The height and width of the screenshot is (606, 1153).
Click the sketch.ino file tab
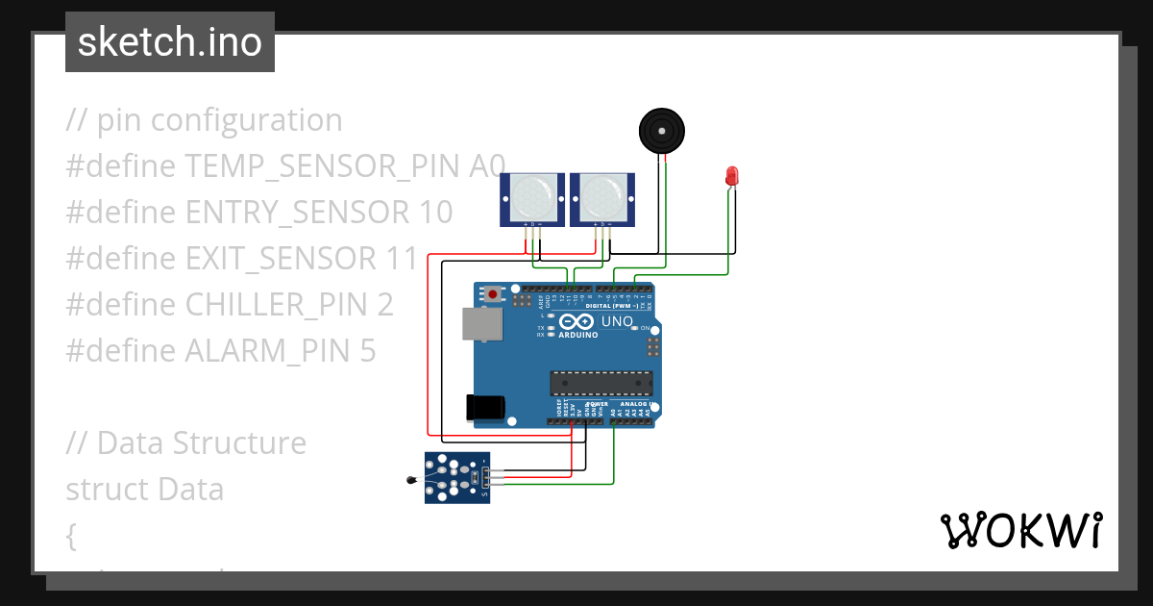point(169,42)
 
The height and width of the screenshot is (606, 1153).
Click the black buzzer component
point(663,130)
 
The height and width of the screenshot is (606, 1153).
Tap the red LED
point(731,176)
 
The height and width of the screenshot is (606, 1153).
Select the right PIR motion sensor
point(602,198)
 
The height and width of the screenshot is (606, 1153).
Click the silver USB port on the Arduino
point(482,324)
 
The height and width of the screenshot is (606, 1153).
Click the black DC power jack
point(484,407)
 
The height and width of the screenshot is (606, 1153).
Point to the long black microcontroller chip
point(601,383)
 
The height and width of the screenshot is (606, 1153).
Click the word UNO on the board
point(617,321)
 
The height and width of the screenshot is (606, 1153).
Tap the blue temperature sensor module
point(457,477)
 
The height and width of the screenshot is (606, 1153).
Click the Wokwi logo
point(1020,530)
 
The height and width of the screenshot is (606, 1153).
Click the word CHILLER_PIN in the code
point(278,305)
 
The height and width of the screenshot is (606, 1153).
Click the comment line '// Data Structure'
point(185,443)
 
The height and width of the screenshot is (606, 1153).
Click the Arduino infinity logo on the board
point(576,322)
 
